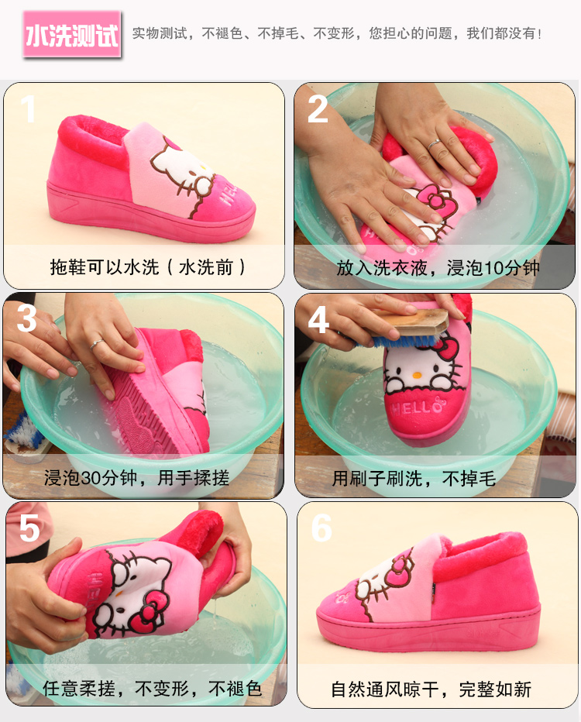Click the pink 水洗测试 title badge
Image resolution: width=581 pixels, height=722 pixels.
(x=72, y=35)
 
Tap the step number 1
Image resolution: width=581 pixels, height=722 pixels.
(x=29, y=108)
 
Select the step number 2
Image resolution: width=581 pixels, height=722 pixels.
(x=318, y=109)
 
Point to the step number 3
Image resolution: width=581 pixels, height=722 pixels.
(x=26, y=318)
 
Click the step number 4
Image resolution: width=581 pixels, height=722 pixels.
(x=318, y=319)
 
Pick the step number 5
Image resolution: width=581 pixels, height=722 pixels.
(x=29, y=528)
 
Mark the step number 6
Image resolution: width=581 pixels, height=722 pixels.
(x=321, y=528)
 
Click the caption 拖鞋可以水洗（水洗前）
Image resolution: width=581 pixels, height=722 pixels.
(x=147, y=267)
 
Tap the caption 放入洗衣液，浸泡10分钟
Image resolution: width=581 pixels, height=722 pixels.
(x=438, y=268)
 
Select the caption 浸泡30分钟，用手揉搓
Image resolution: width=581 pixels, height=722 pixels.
(x=137, y=477)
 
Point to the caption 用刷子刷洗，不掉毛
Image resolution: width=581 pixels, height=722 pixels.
(x=414, y=479)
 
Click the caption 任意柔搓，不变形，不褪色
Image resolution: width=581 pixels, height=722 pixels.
(x=153, y=689)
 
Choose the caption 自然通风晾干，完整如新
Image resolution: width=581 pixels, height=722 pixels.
(x=431, y=689)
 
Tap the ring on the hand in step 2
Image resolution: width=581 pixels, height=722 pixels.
(x=434, y=144)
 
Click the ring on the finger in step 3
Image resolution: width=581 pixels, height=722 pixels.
(x=97, y=343)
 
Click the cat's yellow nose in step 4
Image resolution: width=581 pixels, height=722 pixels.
(x=417, y=375)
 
